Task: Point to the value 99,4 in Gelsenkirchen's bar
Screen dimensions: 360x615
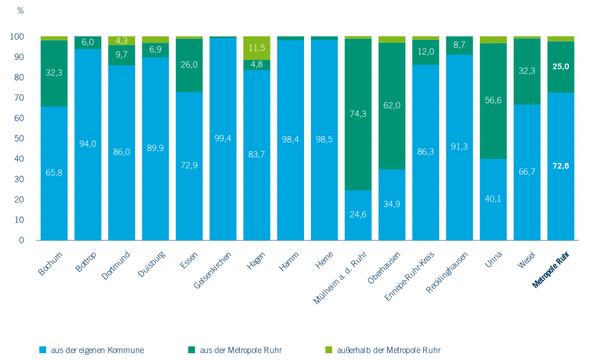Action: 223,138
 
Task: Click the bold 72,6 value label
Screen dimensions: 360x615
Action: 561,166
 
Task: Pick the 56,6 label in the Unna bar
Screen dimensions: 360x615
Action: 493,100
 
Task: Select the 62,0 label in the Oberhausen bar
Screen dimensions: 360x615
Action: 392,105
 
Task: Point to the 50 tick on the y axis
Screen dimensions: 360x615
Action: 19,138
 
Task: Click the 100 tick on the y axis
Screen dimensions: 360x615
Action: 17,37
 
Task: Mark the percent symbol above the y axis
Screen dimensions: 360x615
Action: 20,11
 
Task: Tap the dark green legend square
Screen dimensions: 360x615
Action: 191,350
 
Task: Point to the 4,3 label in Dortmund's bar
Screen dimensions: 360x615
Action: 122,40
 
